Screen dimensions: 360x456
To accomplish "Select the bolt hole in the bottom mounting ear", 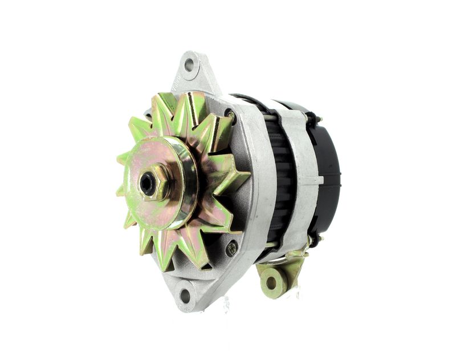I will (x=185, y=296).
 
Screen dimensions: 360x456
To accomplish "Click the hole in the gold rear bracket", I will (x=272, y=281).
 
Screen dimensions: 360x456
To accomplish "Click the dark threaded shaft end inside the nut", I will (x=148, y=183).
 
